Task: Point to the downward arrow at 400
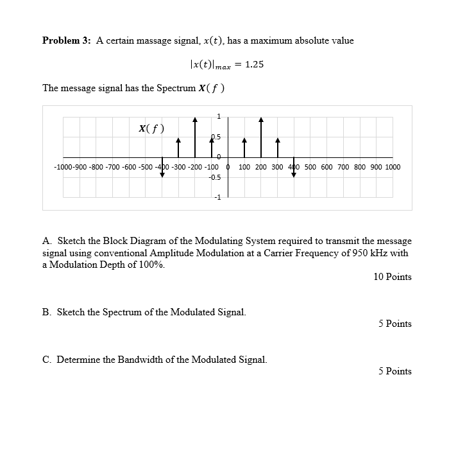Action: point(294,166)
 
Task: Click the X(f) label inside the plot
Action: point(151,128)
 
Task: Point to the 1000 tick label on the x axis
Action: point(393,167)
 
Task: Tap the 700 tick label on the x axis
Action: point(344,167)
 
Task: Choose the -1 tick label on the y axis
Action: point(217,197)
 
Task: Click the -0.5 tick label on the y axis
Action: point(215,177)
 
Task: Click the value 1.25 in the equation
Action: point(255,65)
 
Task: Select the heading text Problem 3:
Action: point(66,40)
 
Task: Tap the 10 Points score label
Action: point(392,277)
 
